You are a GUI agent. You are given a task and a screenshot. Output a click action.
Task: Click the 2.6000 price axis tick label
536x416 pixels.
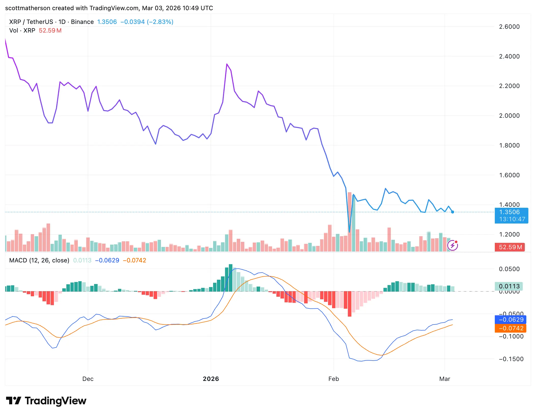(509, 27)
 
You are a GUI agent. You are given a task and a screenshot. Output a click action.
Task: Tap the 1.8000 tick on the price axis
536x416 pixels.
(509, 145)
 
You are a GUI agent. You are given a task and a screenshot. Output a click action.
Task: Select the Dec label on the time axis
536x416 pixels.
(88, 379)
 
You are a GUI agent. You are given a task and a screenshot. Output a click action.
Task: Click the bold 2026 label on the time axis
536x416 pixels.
(211, 379)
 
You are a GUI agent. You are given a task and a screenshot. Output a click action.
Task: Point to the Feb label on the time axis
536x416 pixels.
(334, 379)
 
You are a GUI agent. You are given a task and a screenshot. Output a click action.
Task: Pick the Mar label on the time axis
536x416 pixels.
(444, 379)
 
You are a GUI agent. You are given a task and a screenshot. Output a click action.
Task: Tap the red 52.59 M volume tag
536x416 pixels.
(510, 247)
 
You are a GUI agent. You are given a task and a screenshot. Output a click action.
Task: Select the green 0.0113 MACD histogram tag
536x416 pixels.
(509, 286)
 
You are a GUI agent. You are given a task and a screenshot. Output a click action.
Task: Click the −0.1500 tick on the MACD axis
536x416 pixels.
(511, 359)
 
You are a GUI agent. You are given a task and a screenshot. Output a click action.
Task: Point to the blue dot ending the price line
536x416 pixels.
(453, 212)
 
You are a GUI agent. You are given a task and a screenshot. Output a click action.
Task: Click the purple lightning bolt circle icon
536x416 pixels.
(453, 245)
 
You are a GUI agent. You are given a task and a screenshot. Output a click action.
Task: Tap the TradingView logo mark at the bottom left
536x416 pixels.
(13, 401)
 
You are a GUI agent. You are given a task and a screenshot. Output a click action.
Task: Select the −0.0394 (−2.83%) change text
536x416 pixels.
(147, 22)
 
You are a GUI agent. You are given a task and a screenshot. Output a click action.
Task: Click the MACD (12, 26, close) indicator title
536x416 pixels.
(39, 260)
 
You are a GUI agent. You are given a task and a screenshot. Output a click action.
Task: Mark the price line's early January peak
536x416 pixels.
(227, 64)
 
